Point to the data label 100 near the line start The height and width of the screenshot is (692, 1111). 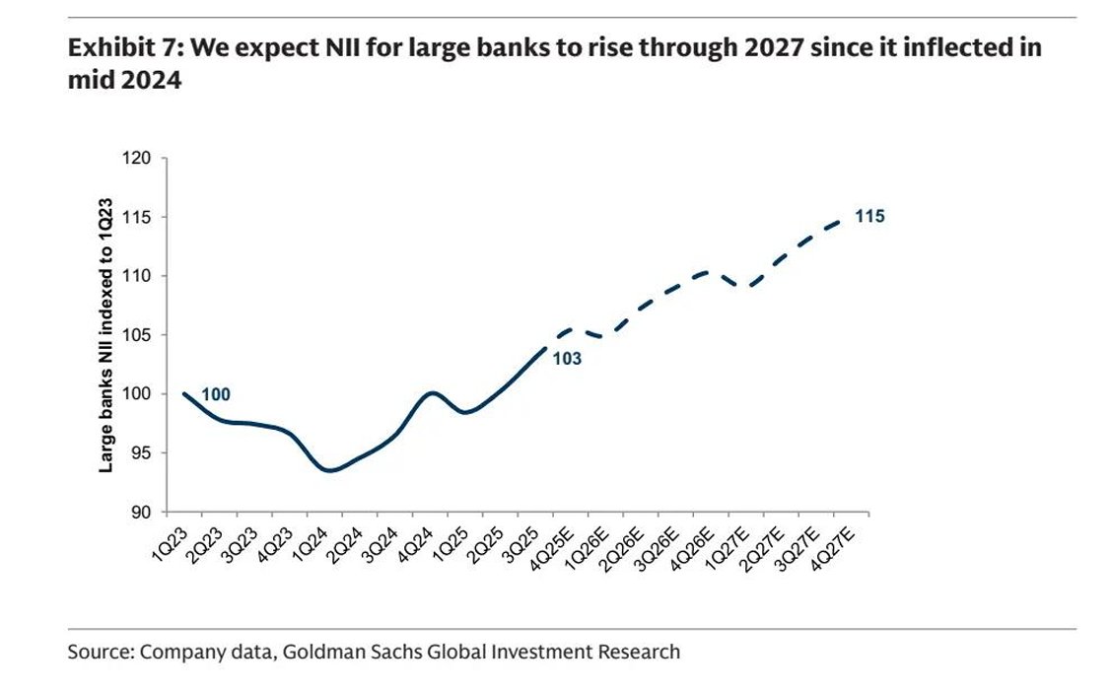pyautogui.click(x=216, y=395)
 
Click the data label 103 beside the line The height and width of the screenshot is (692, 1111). pyautogui.click(x=566, y=359)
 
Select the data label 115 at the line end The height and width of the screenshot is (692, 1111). pyautogui.click(x=868, y=216)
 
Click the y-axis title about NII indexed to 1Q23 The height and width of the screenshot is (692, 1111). pyautogui.click(x=105, y=336)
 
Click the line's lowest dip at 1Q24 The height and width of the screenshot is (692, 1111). pyautogui.click(x=330, y=471)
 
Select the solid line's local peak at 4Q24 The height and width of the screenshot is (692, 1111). pyautogui.click(x=432, y=392)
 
